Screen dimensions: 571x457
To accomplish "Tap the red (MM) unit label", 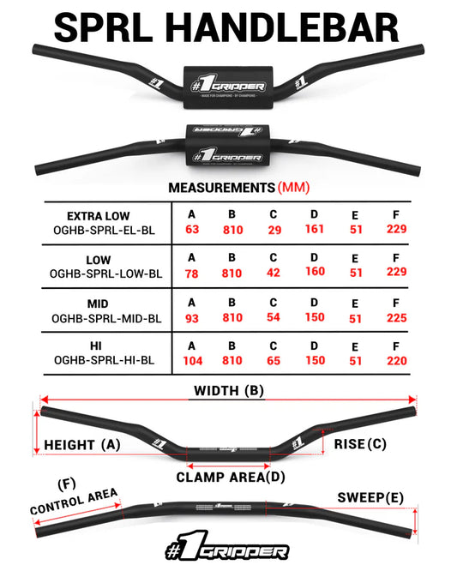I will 294,187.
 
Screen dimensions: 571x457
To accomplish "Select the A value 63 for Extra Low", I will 191,230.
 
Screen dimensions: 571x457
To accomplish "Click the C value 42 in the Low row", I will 274,273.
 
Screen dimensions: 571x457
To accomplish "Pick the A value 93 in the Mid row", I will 191,318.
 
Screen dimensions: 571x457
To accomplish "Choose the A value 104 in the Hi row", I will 192,361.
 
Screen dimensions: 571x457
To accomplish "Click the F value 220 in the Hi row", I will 396,361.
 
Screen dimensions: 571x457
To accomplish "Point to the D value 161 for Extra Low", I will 315,229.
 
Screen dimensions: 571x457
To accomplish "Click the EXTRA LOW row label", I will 99,216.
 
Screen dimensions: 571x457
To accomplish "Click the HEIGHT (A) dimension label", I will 81,445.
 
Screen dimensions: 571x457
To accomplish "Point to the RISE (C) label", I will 359,444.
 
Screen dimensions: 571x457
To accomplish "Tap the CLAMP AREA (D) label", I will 231,477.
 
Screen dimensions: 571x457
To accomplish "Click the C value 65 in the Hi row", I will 274,361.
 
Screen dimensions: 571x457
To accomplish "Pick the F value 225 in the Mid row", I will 396,318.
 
